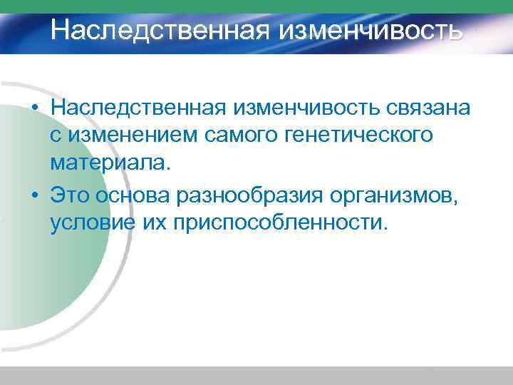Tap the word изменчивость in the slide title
click(370, 30)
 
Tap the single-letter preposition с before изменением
click(56, 136)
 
